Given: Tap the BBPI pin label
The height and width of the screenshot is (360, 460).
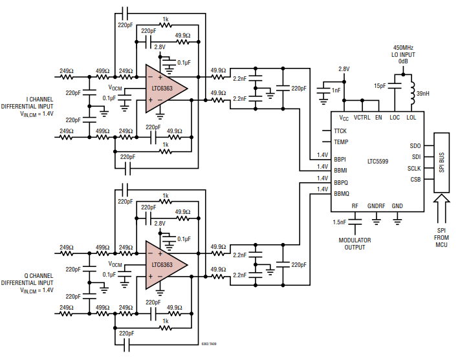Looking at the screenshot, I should [340, 158].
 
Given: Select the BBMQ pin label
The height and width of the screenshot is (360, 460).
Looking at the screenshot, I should [341, 193].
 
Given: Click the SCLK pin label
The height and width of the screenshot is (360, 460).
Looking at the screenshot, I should [414, 168].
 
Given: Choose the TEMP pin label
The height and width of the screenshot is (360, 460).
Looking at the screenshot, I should [341, 142].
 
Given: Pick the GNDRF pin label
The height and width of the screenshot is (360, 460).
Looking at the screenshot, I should [377, 206].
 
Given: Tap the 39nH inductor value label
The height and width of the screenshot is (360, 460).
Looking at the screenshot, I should [422, 94].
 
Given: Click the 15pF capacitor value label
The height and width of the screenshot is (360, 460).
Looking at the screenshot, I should [380, 85].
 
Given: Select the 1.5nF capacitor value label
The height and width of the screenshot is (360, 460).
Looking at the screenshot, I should [340, 222].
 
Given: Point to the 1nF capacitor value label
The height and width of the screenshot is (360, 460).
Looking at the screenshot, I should [336, 90].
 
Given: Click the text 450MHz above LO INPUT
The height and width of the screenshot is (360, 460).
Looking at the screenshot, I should [403, 48].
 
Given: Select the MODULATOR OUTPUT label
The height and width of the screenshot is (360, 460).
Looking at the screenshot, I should [355, 244].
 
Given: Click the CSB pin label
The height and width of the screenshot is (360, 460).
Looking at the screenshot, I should [415, 179].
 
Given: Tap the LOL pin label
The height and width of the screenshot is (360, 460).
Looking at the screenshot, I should [411, 118].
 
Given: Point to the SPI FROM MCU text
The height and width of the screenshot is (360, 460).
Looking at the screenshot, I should [442, 237].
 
